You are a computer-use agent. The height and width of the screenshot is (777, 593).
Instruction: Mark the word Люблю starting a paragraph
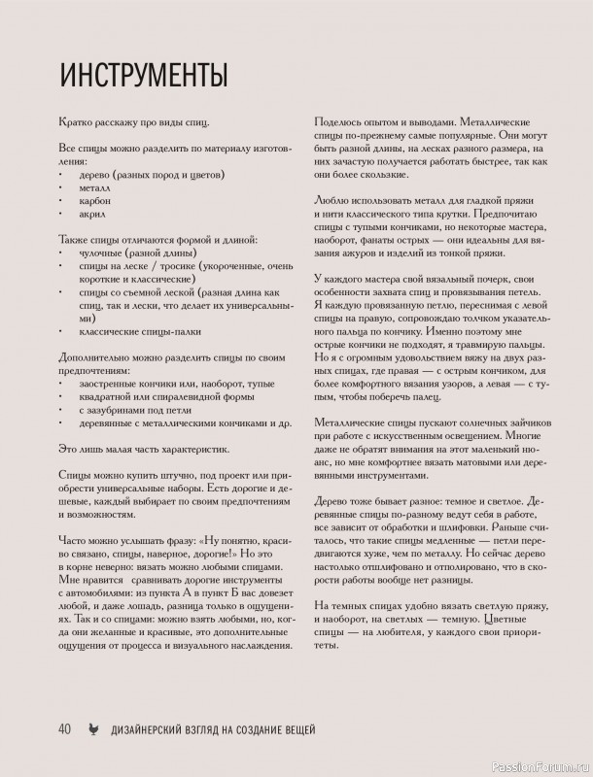[331, 199]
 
